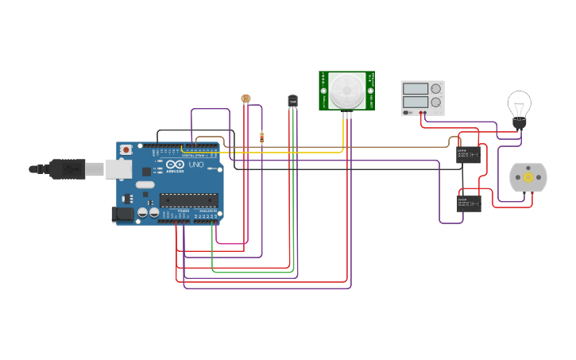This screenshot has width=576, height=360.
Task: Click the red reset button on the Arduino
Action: pos(126,149)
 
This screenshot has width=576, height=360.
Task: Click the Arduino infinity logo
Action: pos(176,165)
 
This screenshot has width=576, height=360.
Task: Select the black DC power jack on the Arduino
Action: pos(122,213)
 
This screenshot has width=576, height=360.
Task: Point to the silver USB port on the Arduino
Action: pos(119,168)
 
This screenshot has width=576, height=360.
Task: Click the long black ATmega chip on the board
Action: pos(188,199)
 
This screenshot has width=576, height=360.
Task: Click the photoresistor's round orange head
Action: pos(245,99)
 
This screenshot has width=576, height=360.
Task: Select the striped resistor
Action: pos(261,137)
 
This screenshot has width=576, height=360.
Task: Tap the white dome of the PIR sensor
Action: pos(347,91)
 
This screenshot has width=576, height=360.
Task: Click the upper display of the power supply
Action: pos(414,89)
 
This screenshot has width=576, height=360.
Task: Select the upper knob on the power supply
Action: pos(435,89)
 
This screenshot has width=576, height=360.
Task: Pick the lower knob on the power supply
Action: pos(435,102)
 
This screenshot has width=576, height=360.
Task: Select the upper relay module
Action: pos(468,154)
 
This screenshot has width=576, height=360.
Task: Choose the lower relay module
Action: pos(469,203)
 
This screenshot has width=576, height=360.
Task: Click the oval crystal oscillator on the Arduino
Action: pos(145,184)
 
